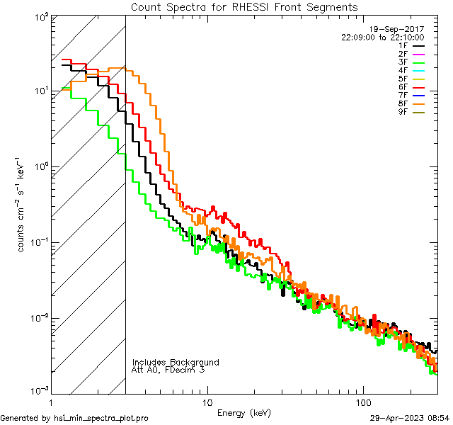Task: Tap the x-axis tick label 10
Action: (207, 402)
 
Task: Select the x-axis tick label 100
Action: (362, 402)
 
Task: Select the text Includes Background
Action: (176, 362)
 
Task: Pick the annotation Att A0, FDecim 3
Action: (168, 370)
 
